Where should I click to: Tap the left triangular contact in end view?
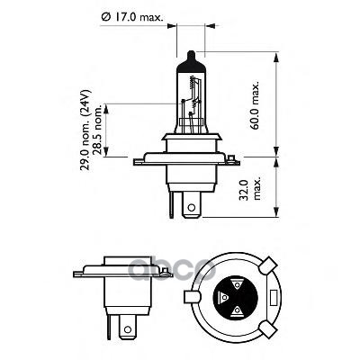coord(222,296)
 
